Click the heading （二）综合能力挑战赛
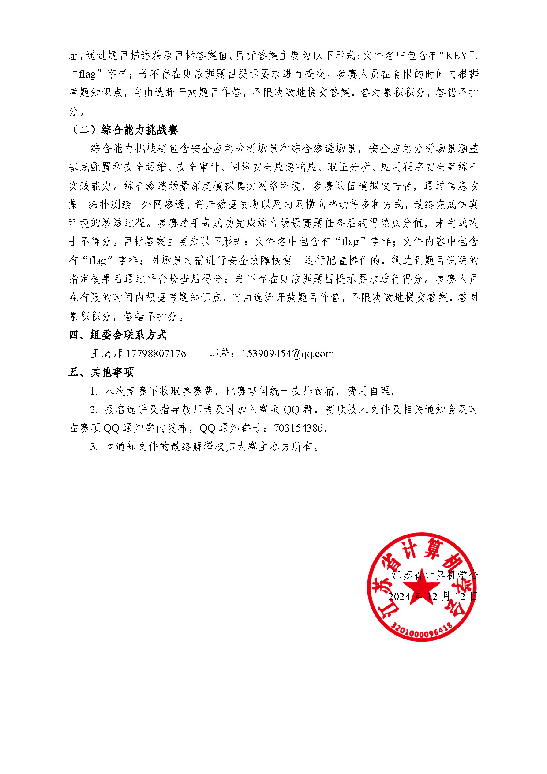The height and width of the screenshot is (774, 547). pyautogui.click(x=124, y=130)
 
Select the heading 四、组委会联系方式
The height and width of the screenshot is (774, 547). pyautogui.click(x=118, y=335)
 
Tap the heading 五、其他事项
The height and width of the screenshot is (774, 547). pyautogui.click(x=101, y=372)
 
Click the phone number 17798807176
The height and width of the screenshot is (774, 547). pyautogui.click(x=156, y=354)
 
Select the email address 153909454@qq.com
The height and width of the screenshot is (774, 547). pyautogui.click(x=288, y=354)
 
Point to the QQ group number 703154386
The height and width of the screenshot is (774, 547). pyautogui.click(x=299, y=428)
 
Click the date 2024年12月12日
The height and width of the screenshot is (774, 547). pyautogui.click(x=432, y=597)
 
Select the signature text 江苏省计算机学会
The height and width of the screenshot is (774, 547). pyautogui.click(x=435, y=575)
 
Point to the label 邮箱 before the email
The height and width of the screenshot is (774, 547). pyautogui.click(x=220, y=354)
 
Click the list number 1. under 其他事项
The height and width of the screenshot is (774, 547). pyautogui.click(x=94, y=391)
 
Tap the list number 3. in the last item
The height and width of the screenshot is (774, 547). pyautogui.click(x=94, y=447)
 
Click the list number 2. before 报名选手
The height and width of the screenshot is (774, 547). pyautogui.click(x=94, y=410)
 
